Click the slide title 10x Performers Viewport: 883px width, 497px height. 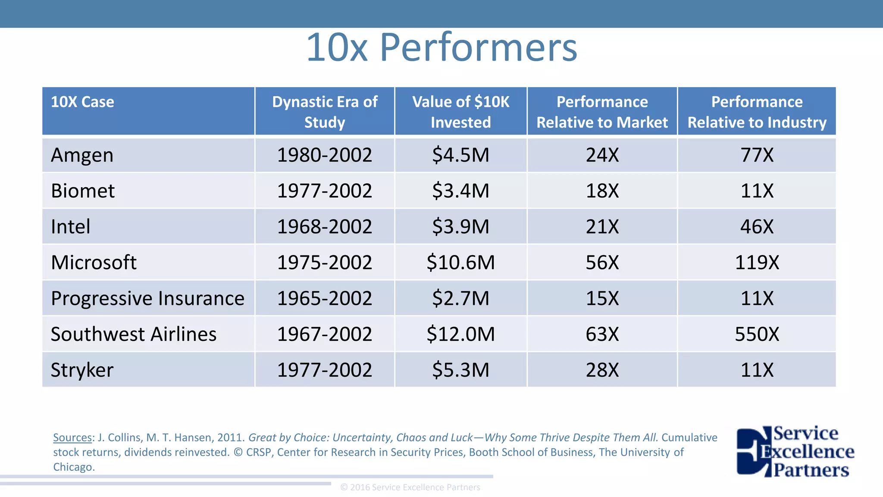coord(441,47)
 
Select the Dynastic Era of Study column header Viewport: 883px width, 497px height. coord(325,112)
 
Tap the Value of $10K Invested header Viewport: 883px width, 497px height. coord(460,112)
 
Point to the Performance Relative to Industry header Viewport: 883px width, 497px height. coord(757,112)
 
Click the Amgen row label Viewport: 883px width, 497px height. coord(82,155)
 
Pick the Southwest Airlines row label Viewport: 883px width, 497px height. coord(134,334)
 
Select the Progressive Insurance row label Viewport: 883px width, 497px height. coord(147,299)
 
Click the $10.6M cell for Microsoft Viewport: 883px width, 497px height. coord(460,263)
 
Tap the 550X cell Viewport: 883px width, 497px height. coord(757,334)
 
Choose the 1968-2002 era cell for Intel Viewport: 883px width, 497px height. coord(325,227)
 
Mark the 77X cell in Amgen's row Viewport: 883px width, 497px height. coord(757,155)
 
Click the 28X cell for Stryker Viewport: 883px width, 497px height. coord(602,370)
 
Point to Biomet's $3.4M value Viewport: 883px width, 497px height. coord(460,191)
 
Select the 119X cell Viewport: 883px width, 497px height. coord(757,263)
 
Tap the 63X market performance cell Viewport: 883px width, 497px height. coord(602,334)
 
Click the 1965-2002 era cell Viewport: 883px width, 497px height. coord(325,299)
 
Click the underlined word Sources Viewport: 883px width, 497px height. coord(72,437)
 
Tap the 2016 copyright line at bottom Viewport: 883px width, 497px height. coord(410,488)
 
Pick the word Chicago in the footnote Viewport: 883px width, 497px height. coord(73,467)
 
